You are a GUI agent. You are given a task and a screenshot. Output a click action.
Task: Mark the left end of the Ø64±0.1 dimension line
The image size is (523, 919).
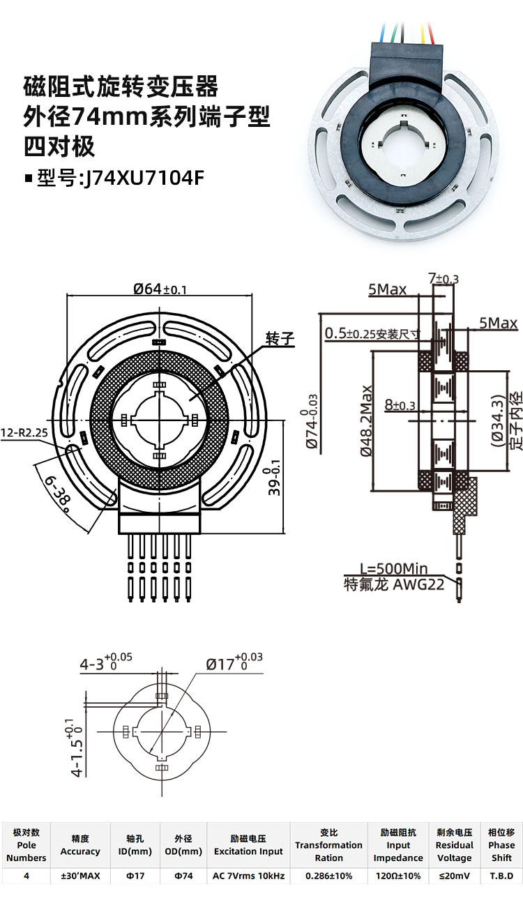67,294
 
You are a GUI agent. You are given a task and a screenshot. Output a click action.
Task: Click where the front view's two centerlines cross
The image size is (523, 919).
160,420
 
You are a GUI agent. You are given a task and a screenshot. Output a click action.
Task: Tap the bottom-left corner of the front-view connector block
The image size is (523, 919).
119,533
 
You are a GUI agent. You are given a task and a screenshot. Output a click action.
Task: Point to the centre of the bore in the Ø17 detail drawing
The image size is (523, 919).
162,731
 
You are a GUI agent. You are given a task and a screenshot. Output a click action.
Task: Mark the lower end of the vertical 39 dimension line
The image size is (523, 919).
283,533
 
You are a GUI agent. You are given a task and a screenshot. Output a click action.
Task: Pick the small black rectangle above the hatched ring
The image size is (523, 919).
158,342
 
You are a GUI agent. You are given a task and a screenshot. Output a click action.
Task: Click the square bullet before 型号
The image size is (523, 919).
29,178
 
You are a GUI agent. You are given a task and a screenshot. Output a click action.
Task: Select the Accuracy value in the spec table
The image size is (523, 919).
80,876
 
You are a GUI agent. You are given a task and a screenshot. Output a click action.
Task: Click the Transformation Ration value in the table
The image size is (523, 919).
329,876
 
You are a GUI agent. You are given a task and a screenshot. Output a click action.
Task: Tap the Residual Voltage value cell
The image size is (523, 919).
455,876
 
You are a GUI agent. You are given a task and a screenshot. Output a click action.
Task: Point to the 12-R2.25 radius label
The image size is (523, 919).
24,433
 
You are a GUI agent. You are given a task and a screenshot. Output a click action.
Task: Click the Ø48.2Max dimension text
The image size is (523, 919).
366,421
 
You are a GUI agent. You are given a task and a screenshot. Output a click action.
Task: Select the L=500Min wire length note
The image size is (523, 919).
394,569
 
